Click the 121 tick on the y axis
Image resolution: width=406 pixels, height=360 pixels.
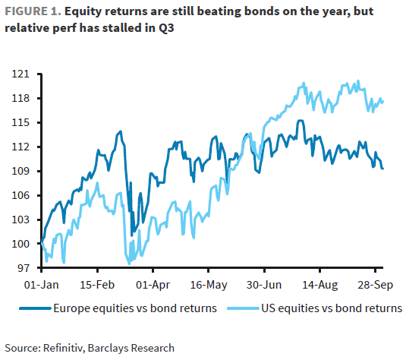(22, 74)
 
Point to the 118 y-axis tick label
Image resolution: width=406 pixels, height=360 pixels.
(22, 99)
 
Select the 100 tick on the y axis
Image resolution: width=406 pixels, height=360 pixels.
(22, 244)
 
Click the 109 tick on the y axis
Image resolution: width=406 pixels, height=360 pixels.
(22, 171)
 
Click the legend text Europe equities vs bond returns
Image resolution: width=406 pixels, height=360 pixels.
(135, 309)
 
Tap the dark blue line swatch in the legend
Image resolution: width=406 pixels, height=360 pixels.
(38, 309)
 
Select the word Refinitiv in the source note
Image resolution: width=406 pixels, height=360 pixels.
(69, 347)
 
